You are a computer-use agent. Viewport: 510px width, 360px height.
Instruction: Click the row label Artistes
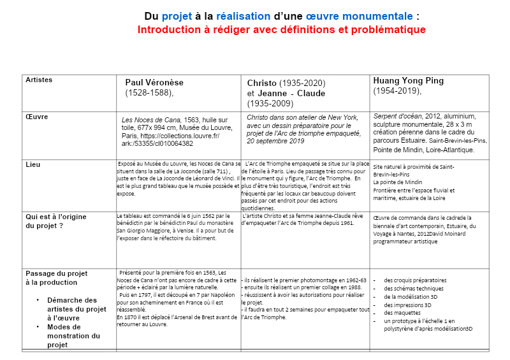pos(39,80)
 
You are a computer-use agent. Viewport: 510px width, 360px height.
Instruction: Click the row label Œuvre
pos(36,117)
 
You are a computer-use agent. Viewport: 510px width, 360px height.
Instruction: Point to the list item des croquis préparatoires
pos(414,280)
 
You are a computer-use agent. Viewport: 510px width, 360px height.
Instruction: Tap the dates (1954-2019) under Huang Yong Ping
pos(397,91)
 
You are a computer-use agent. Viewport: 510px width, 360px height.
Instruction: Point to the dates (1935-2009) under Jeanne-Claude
pos(271,103)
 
